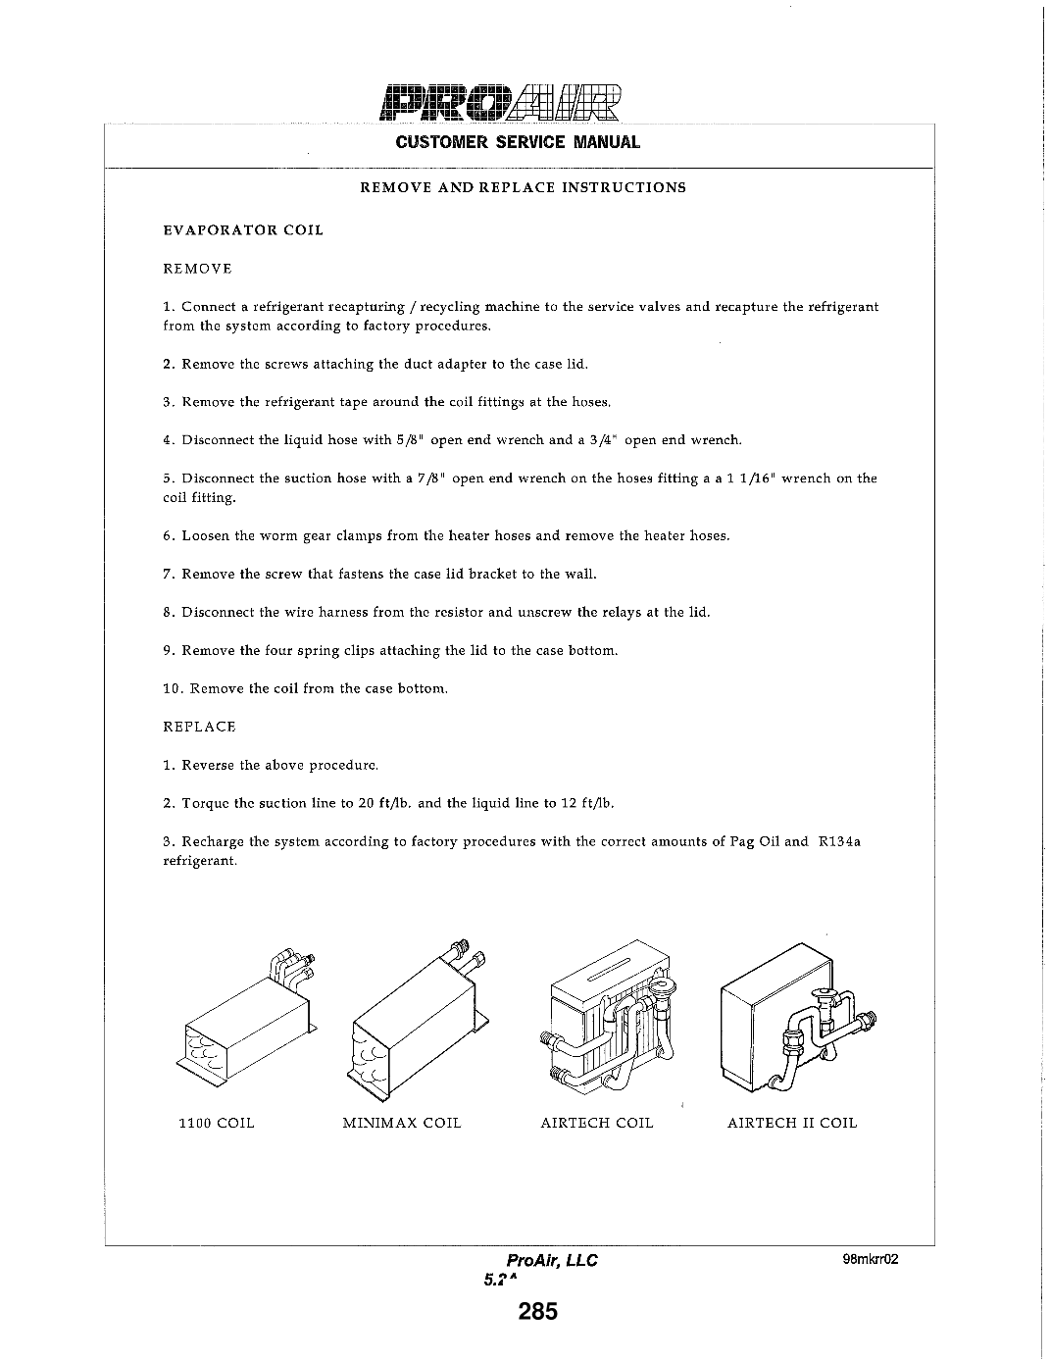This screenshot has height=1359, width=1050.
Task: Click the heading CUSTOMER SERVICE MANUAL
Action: pos(518,142)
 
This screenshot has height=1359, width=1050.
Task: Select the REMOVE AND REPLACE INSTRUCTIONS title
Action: pos(524,187)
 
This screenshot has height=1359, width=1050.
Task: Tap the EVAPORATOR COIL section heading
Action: pos(242,230)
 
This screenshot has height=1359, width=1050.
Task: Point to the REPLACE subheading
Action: pos(199,727)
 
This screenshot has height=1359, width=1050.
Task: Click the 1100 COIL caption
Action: pos(216,1123)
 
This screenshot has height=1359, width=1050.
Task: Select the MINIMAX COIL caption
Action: pos(401,1123)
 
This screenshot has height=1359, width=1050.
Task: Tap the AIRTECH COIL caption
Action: pos(596,1123)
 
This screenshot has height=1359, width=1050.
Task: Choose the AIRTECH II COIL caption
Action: pos(791,1123)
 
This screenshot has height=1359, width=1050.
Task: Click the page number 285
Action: pos(538,1311)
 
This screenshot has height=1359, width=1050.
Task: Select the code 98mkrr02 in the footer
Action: pos(870,1261)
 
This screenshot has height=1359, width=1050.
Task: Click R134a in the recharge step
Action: pos(838,841)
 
